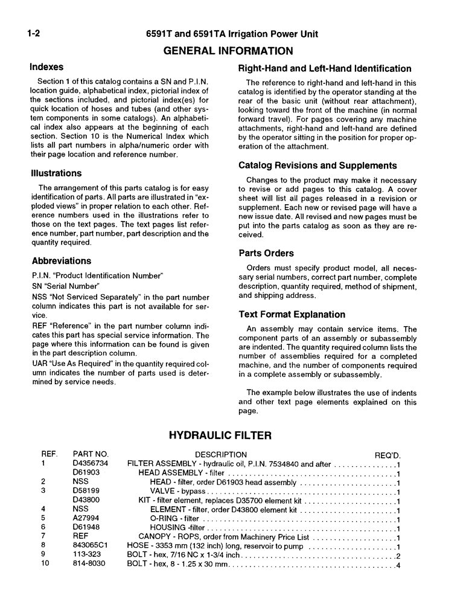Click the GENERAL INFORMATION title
pos(228,51)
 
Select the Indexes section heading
pos(47,67)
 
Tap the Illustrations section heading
pos(56,173)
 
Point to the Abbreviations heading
pos(62,261)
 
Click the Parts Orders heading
pos(266,253)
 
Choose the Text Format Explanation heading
pos(292,315)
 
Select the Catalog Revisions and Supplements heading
pos(318,165)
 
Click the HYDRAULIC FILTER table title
pos(220,435)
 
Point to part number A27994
pos(86,518)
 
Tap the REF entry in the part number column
pos(80,536)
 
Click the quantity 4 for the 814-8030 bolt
pos(399,565)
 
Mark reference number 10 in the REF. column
pos(45,565)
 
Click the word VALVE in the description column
pos(162,491)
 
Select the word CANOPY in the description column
pos(156,536)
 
